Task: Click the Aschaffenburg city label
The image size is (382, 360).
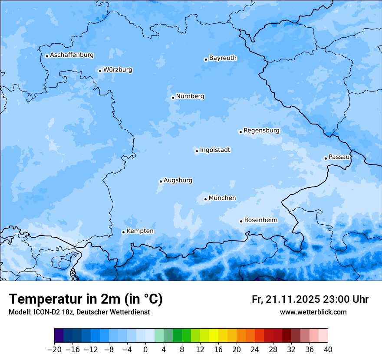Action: [x=72, y=55]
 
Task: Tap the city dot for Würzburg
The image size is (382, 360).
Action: [x=100, y=71]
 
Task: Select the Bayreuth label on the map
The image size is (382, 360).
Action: [x=223, y=58]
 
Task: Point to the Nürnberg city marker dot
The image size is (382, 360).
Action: [x=173, y=98]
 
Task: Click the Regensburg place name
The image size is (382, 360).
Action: [x=261, y=131]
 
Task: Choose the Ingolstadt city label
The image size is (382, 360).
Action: [x=215, y=150]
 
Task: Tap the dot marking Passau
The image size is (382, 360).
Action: [x=326, y=158]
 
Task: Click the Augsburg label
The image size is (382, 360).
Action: [x=178, y=180]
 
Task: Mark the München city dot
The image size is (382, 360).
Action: [x=205, y=200]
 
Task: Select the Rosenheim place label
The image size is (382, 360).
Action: [x=260, y=220]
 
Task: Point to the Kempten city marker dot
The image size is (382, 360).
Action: [x=123, y=232]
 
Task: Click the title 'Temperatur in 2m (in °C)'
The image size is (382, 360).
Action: [x=86, y=299]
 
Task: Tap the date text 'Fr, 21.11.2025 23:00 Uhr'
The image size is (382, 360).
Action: [x=310, y=300]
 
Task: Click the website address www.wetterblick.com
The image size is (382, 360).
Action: [x=313, y=312]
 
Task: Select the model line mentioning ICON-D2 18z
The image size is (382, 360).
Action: [x=79, y=312]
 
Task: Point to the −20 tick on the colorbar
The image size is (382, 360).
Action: [x=54, y=349]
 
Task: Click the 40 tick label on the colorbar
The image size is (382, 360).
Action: [x=328, y=349]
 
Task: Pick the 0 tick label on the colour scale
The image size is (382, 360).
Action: [x=145, y=349]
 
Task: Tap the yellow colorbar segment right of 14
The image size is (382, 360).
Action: [x=214, y=336]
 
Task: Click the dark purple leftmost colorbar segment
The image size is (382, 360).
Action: [x=59, y=336]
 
